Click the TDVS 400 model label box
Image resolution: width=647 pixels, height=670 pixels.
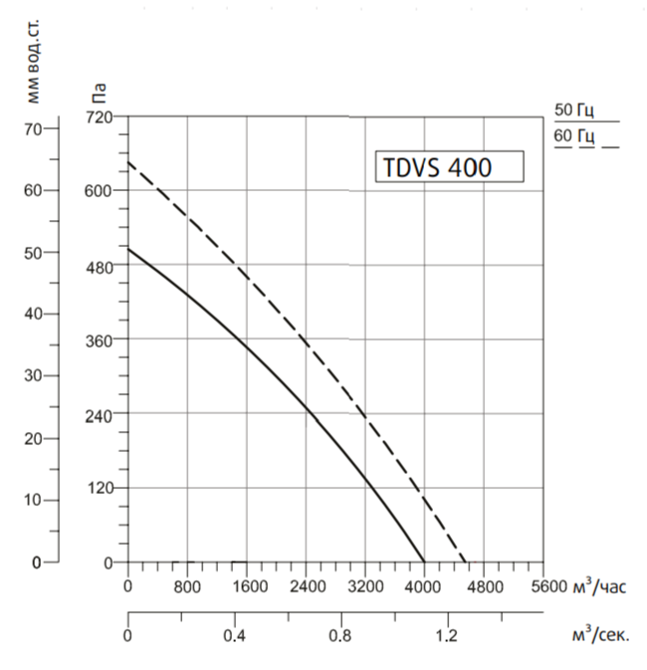[x=447, y=167]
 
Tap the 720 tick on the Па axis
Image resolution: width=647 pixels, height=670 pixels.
[x=101, y=116]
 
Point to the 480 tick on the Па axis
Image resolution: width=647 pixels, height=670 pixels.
[x=101, y=265]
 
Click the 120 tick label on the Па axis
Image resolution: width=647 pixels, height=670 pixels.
[x=101, y=488]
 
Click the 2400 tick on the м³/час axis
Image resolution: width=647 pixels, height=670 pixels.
[x=306, y=586]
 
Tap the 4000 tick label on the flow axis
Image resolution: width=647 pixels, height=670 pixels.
[x=424, y=586]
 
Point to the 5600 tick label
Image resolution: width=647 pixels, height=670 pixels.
[x=542, y=586]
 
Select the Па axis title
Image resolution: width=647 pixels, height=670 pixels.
[x=101, y=95]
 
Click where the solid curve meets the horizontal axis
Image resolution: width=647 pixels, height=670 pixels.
[x=424, y=562]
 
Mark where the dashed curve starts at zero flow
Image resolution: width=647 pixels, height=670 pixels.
[x=128, y=160]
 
